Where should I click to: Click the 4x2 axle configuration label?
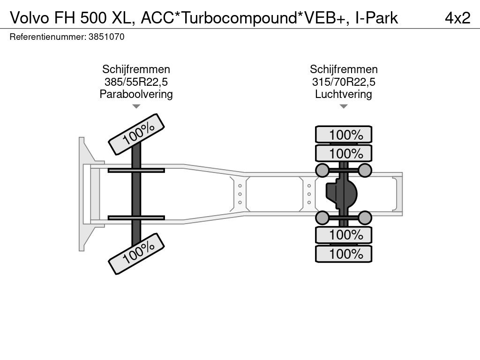[x=457, y=18]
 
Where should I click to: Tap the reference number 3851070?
[x=106, y=37]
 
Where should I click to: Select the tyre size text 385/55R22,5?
[x=136, y=82]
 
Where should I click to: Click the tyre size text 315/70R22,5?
[x=344, y=82]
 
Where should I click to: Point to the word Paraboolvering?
[x=136, y=94]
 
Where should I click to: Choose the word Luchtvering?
[x=344, y=94]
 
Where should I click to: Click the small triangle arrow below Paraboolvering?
[x=136, y=106]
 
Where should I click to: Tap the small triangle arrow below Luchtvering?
[x=344, y=106]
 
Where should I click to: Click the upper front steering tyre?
[x=137, y=134]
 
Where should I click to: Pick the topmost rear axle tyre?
[x=344, y=135]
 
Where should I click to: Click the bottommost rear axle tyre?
[x=344, y=254]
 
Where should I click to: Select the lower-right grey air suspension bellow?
[x=365, y=217]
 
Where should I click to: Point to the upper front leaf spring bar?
[x=136, y=170]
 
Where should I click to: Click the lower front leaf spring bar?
[x=136, y=217]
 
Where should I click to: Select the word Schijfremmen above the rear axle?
[x=344, y=70]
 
